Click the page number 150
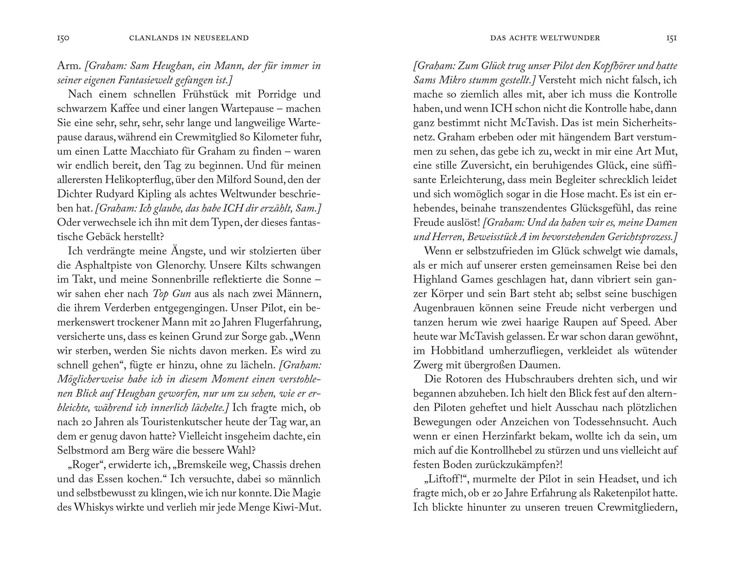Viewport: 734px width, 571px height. (x=63, y=38)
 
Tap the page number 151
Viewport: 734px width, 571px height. (x=672, y=38)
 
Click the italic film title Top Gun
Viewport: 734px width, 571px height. (x=172, y=294)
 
